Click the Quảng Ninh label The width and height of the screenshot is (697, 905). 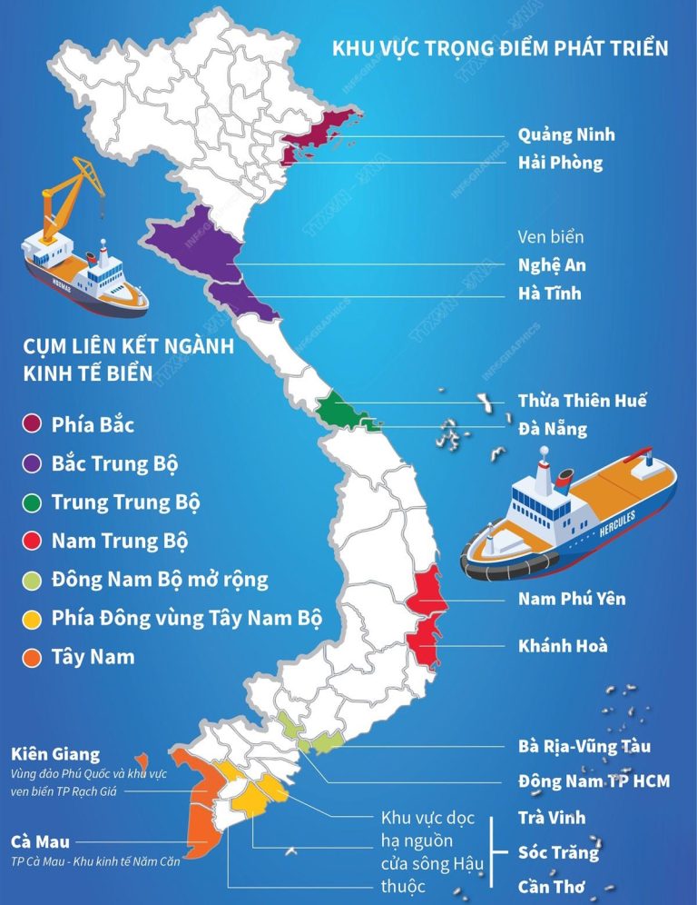tap(565, 135)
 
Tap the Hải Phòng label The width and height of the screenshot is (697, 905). tap(560, 164)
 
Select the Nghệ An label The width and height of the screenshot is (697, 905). tap(552, 265)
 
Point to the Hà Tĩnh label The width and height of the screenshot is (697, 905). tap(549, 294)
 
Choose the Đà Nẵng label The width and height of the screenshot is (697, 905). tap(553, 429)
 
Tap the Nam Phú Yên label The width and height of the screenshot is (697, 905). tap(572, 599)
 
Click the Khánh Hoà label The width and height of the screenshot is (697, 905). tap(563, 647)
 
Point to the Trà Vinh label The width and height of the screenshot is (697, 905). tap(552, 818)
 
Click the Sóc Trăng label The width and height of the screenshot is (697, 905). tap(558, 852)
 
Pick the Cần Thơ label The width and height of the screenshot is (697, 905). tap(552, 887)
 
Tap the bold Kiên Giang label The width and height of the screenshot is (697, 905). tap(55, 755)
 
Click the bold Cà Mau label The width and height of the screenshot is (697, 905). tap(40, 842)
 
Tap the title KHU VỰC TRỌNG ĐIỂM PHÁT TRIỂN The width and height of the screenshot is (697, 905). tap(500, 48)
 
